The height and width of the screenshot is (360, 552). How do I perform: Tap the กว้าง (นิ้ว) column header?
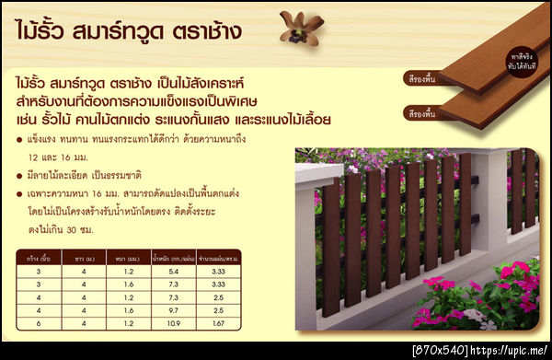click(39, 258)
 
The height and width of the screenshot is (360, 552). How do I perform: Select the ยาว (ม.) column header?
click(81, 258)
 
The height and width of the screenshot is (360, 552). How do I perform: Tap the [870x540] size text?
click(441, 352)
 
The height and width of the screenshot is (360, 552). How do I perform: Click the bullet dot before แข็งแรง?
click(20, 140)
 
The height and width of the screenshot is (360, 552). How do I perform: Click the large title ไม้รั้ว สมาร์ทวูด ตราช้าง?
click(129, 30)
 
